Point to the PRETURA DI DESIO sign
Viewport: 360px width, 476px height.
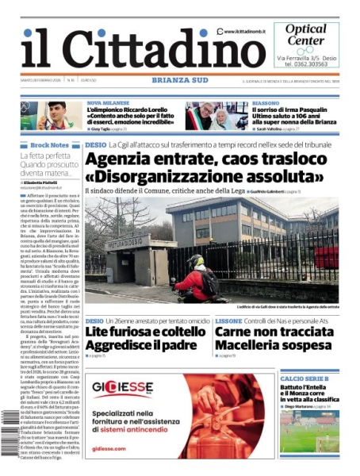[128, 242]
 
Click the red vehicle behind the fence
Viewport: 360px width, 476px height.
[326, 257]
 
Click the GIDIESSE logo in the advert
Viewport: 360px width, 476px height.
[122, 388]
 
